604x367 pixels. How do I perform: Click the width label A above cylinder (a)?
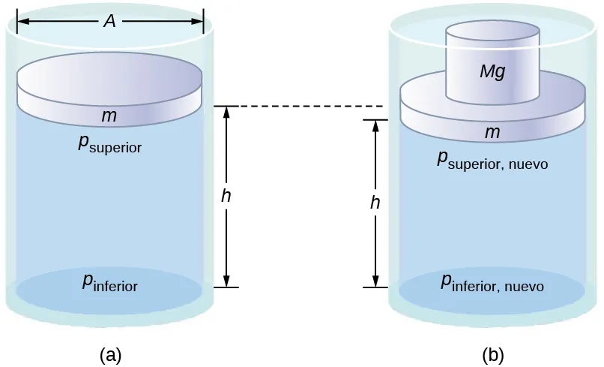[x=109, y=22]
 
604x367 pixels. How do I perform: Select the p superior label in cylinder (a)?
[x=109, y=144]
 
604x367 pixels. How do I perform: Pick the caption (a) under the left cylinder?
[x=110, y=354]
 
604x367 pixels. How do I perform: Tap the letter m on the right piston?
[x=492, y=133]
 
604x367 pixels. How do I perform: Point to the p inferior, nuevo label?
[x=492, y=284]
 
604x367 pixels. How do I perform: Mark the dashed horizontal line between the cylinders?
[x=300, y=107]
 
